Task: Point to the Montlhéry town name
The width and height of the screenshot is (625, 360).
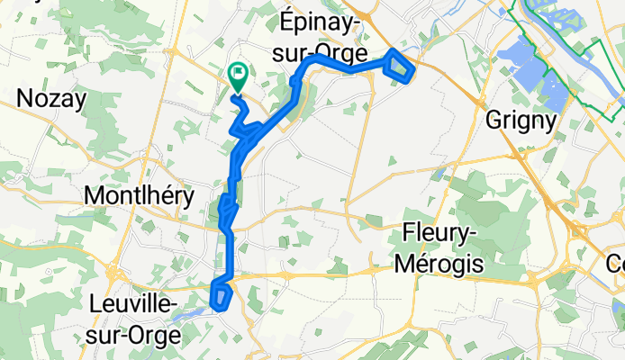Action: coord(136,194)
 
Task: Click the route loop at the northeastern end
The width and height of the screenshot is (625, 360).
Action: coord(400,66)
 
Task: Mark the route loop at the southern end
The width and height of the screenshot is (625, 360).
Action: coord(221,294)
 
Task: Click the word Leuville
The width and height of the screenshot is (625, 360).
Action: coord(132,305)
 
